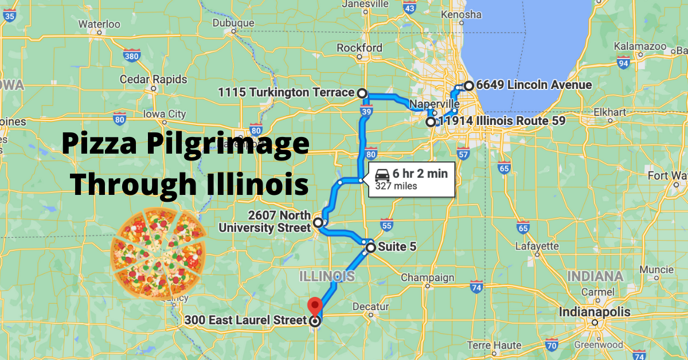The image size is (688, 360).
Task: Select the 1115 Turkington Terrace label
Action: pos(286,92)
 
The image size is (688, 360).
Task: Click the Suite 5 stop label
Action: pos(397,248)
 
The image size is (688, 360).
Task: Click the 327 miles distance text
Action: pos(396,186)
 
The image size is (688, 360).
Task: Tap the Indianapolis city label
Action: pos(595,312)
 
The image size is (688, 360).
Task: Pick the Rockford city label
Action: pos(359,47)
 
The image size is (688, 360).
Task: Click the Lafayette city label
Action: pos(537,246)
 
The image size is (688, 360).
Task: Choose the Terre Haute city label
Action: pos(493,345)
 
